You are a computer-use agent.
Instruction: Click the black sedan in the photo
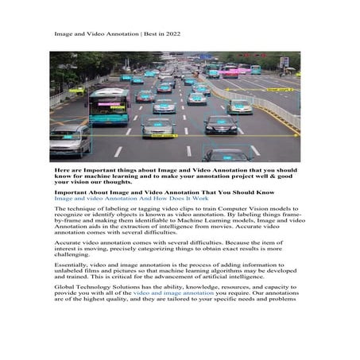point(219,125)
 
